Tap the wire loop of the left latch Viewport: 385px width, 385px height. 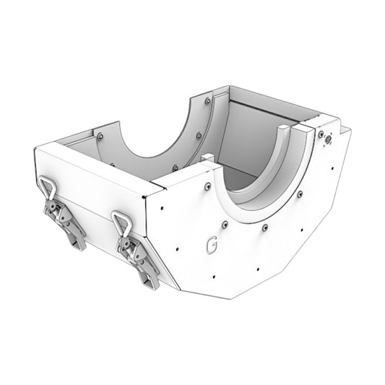click(x=48, y=189)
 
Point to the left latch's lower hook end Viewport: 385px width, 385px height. click(x=79, y=243)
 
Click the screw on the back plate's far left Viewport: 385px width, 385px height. click(x=100, y=136)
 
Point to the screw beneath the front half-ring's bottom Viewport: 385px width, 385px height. click(x=265, y=228)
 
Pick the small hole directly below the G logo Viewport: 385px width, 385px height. click(x=215, y=274)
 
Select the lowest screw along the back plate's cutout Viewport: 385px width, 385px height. click(x=175, y=168)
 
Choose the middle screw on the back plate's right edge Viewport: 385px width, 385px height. click(x=199, y=134)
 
